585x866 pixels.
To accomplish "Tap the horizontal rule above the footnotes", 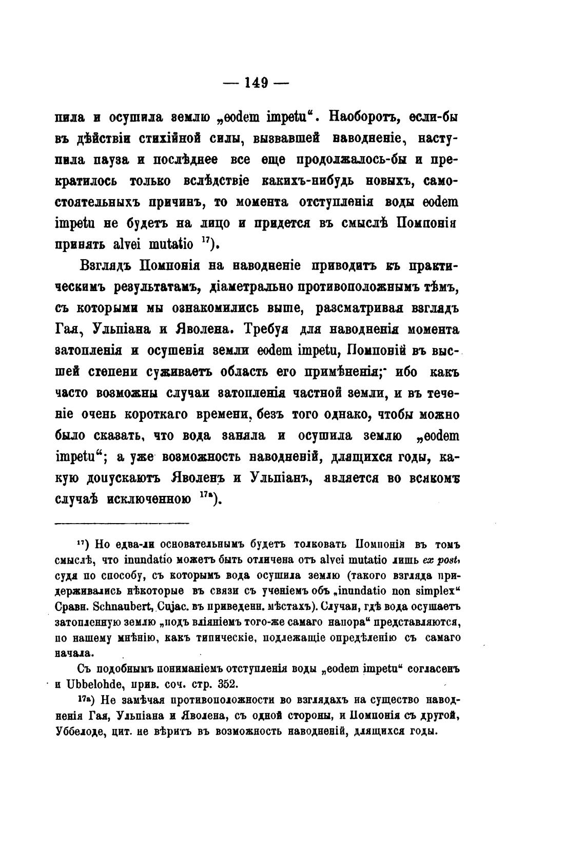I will tap(122, 523).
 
